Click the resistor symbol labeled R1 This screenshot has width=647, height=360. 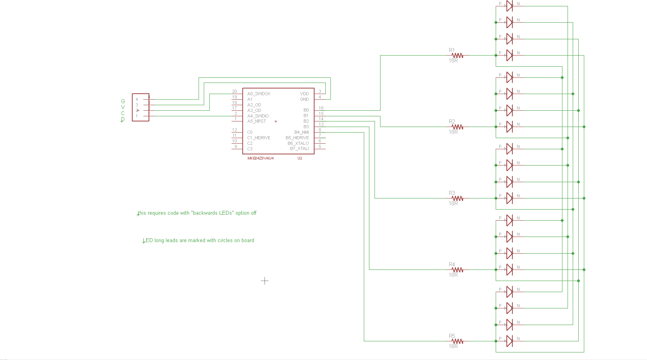tap(457, 56)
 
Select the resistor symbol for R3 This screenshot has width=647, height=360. tap(457, 198)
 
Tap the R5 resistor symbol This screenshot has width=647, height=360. tap(457, 341)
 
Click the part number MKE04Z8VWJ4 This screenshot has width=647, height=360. tap(261, 158)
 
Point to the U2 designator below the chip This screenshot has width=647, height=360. tap(300, 158)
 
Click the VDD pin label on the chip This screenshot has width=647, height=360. tap(304, 94)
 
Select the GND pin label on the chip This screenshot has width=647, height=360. tap(304, 100)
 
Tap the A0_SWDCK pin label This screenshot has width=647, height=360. tap(259, 94)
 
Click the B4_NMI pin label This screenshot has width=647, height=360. tap(301, 133)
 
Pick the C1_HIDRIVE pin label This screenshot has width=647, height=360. tap(259, 138)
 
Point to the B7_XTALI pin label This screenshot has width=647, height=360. tap(299, 149)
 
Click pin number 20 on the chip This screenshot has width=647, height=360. tap(234, 92)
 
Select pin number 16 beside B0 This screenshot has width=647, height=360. tap(321, 108)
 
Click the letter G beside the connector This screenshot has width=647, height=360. tap(123, 102)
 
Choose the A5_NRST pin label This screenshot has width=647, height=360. tap(257, 121)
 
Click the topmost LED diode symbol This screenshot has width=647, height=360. tap(509, 6)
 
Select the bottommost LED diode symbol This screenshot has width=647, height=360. tap(509, 341)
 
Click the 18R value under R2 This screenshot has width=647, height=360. tap(453, 132)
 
